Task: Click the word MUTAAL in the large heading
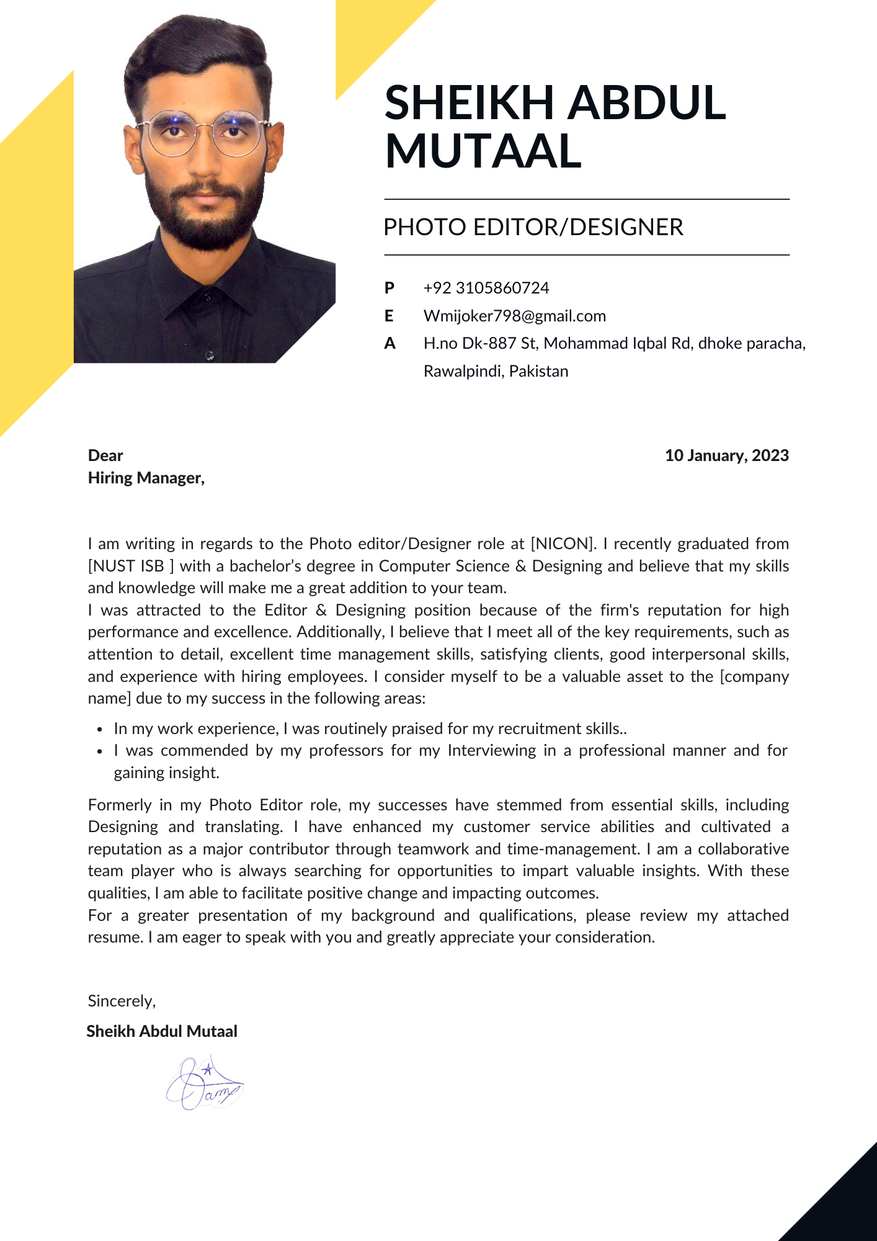click(483, 151)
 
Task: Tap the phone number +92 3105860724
click(486, 288)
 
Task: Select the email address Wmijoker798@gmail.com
click(514, 316)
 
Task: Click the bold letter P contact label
click(390, 288)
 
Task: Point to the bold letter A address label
click(390, 343)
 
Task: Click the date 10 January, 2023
click(726, 455)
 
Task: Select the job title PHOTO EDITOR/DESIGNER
click(533, 227)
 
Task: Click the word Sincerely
click(122, 1001)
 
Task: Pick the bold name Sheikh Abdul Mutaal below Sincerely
click(162, 1031)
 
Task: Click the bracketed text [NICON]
click(563, 544)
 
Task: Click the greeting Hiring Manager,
click(146, 478)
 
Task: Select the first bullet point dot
click(99, 730)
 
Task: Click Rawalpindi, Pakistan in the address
click(496, 371)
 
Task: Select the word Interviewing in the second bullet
click(491, 751)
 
